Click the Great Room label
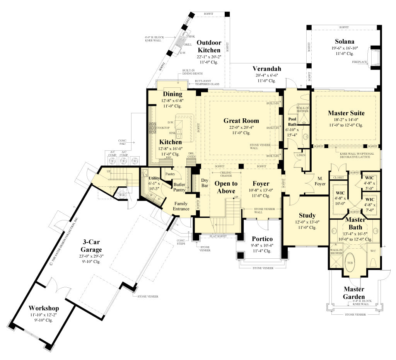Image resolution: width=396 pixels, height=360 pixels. pyautogui.click(x=241, y=121)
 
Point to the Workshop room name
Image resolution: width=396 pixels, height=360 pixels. pyautogui.click(x=44, y=308)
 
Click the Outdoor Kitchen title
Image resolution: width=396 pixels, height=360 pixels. pyautogui.click(x=209, y=46)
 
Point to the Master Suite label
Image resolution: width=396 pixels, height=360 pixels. pyautogui.click(x=346, y=113)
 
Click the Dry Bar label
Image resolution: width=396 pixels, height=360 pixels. pyautogui.click(x=205, y=183)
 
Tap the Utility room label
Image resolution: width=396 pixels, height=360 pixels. pyautogui.click(x=154, y=178)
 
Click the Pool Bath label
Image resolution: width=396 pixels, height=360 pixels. pyautogui.click(x=293, y=121)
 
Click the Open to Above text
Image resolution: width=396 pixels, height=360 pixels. pyautogui.click(x=226, y=187)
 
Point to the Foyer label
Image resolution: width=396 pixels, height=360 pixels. pyautogui.click(x=261, y=184)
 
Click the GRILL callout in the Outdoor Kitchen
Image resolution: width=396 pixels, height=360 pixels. pyautogui.click(x=188, y=44)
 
